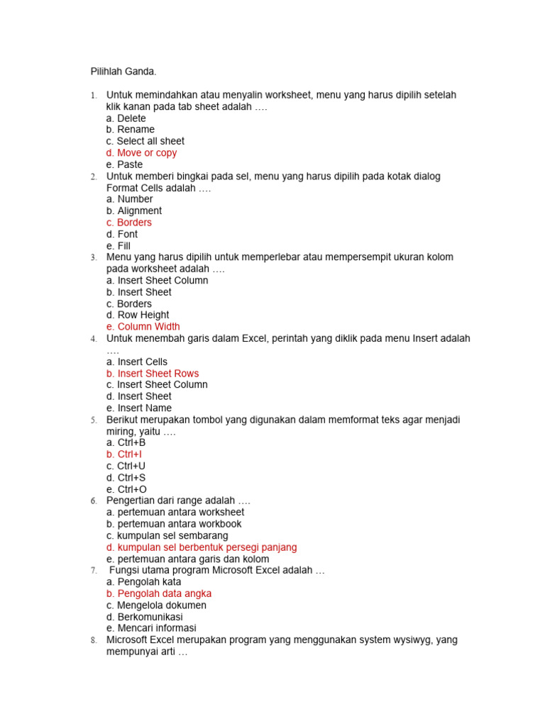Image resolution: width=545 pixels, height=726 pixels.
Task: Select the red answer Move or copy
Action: [141, 153]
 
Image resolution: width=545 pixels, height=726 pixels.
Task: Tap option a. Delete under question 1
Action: [126, 118]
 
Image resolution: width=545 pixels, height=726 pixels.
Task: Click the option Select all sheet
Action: [145, 141]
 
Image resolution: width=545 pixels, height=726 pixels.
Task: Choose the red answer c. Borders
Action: [129, 223]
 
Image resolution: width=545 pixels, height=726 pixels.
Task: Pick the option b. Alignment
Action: [134, 211]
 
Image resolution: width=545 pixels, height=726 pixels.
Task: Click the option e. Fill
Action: [119, 246]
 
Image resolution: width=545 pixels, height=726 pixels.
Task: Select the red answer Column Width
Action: [143, 327]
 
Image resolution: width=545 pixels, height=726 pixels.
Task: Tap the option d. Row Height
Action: [138, 315]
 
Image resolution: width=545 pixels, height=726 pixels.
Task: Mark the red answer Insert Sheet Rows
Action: [153, 374]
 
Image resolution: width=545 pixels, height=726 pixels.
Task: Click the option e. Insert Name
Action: [139, 408]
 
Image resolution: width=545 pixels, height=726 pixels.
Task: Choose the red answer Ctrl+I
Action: [125, 454]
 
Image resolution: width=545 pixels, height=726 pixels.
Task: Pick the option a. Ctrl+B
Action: [126, 442]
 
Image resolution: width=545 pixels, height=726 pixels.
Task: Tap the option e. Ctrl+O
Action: [126, 489]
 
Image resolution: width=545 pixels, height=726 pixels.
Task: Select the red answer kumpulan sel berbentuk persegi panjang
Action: [202, 547]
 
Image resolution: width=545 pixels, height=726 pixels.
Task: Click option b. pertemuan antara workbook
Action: [174, 524]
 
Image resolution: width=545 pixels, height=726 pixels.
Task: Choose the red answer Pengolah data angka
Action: [159, 593]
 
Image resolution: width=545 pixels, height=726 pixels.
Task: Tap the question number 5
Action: [94, 420]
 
